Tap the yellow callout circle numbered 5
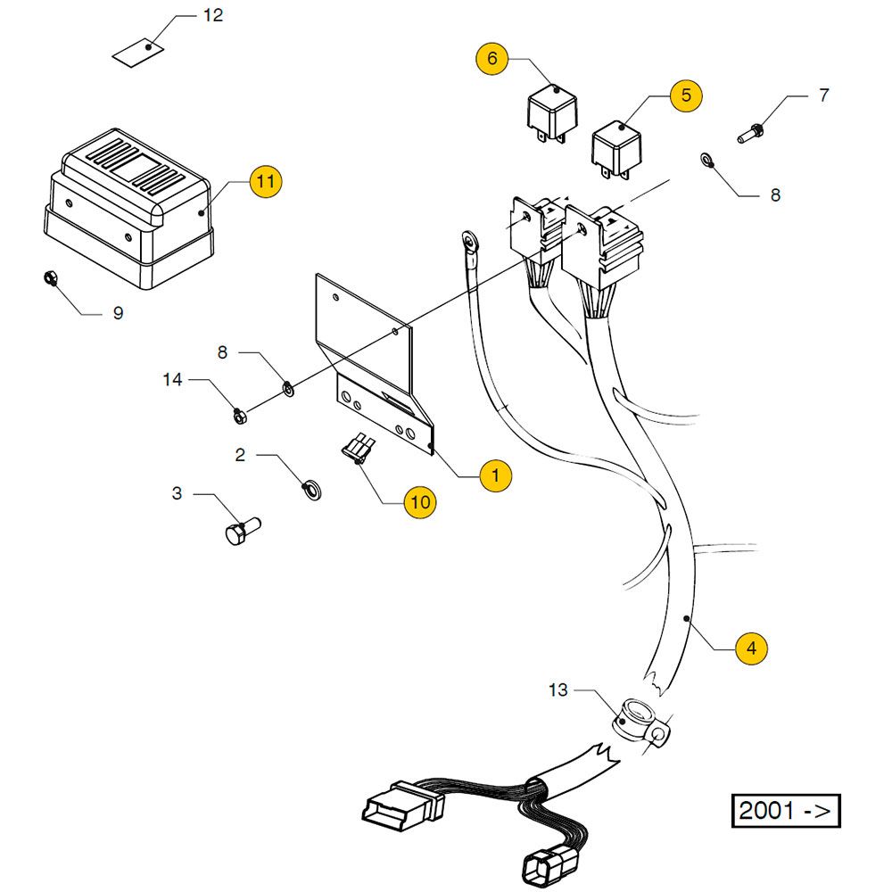tap(686, 95)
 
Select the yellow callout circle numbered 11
tap(265, 181)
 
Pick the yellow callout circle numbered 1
tap(496, 475)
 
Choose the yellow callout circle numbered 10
tap(420, 502)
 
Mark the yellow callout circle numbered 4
tap(751, 648)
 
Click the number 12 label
tap(213, 16)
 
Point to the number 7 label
tap(823, 95)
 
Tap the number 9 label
tap(118, 313)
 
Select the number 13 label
tap(558, 690)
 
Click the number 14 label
tap(172, 380)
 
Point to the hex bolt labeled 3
tap(238, 533)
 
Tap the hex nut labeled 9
tap(51, 278)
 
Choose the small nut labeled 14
tap(239, 414)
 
